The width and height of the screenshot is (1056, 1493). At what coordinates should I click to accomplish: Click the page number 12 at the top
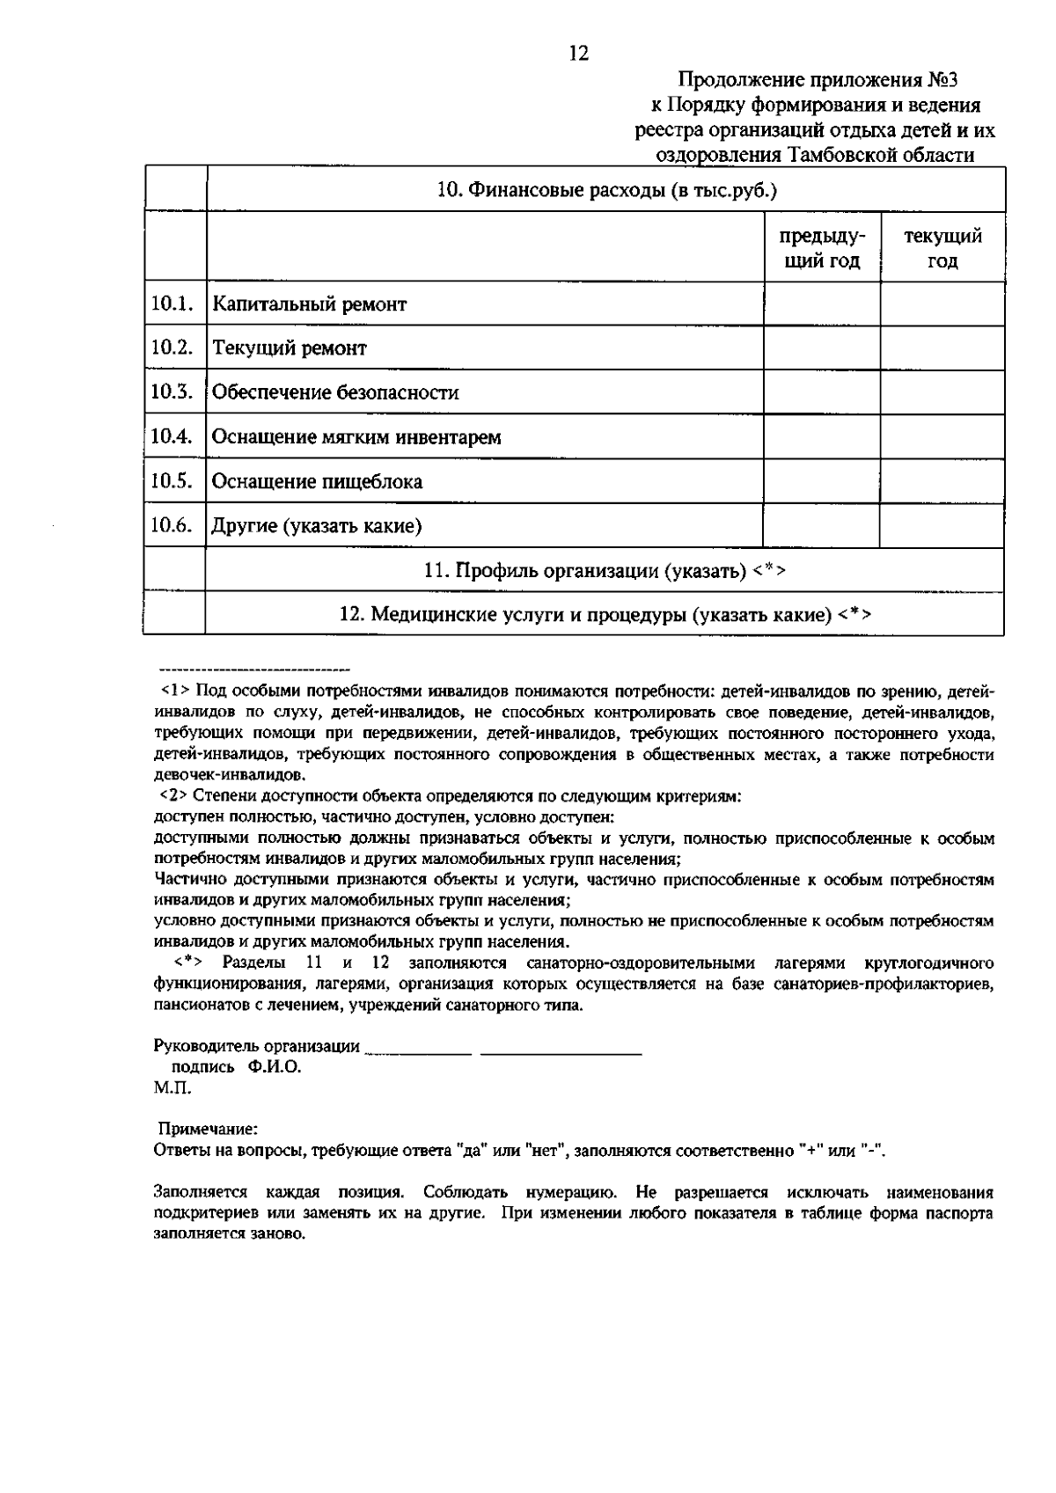pos(579,54)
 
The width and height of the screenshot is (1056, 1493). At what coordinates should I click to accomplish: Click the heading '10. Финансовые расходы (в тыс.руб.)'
pos(607,190)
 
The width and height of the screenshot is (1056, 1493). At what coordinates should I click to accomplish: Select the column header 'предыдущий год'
pos(821,248)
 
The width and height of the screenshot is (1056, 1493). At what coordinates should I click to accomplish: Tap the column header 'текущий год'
pos(942,248)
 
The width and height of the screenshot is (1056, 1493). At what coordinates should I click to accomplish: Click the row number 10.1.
pos(172,304)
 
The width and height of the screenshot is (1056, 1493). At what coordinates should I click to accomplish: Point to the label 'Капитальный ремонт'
pos(310,304)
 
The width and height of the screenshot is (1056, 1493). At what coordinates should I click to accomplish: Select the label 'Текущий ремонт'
pos(290,348)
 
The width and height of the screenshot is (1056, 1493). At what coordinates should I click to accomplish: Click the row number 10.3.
pos(172,392)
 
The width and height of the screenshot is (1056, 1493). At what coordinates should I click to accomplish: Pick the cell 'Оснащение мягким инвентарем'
pos(356,437)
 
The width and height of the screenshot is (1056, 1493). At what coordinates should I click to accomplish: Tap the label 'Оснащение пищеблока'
pos(317,481)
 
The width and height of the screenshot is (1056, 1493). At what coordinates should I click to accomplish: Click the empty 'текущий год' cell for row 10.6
pos(942,525)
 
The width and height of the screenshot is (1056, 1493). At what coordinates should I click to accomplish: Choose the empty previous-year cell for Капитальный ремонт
pos(821,304)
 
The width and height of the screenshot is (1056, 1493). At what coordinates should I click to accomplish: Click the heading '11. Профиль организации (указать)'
pos(604,570)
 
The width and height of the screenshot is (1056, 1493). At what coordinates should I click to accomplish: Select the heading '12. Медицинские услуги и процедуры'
pos(605,614)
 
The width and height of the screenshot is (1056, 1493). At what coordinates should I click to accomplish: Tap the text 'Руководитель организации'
pos(256,1046)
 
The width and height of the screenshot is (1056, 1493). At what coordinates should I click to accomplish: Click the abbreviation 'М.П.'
pos(172,1087)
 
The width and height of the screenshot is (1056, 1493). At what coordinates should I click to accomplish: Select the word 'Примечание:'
pos(208,1129)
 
